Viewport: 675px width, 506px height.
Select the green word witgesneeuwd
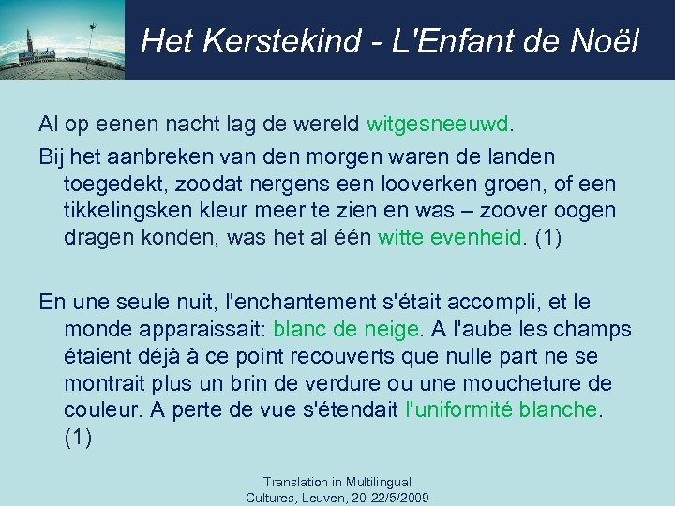point(440,125)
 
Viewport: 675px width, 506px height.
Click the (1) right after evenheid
point(547,239)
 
